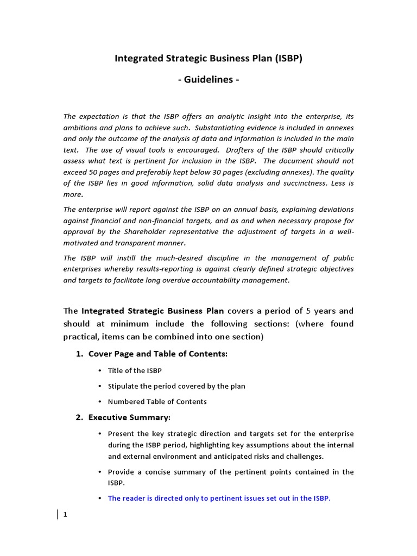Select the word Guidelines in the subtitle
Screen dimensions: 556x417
coord(208,80)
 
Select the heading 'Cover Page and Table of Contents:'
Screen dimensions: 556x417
coord(157,354)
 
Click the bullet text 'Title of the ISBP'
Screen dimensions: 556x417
coord(135,370)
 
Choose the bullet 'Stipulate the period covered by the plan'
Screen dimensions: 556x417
coord(176,386)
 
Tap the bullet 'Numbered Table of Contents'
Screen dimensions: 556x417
coord(157,402)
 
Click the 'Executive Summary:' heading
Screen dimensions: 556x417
coord(129,418)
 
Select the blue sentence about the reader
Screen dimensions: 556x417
coord(219,498)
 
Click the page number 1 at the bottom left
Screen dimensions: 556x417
coord(65,515)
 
